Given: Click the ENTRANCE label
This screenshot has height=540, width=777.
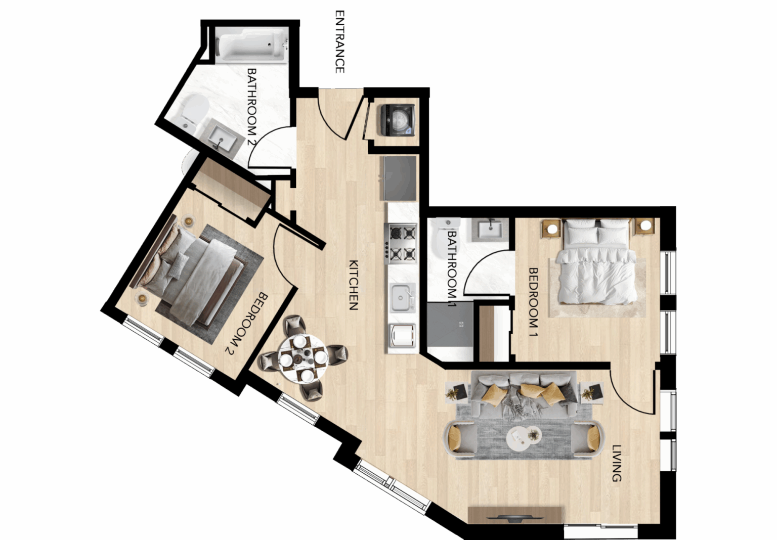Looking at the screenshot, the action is click(x=339, y=41).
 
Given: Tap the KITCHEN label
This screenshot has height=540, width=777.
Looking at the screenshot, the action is click(x=354, y=285).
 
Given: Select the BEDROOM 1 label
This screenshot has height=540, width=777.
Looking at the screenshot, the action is click(x=533, y=302).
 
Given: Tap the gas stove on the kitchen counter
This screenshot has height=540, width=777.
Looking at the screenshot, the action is click(x=401, y=242).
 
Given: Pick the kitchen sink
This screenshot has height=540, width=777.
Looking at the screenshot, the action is click(x=402, y=298).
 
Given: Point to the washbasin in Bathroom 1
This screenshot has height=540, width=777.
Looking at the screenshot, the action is click(x=490, y=230).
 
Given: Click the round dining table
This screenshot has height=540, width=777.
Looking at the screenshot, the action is click(x=303, y=358).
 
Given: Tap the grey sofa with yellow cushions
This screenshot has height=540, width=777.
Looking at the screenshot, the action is click(x=523, y=394).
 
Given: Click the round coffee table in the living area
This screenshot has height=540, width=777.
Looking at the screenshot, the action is click(x=524, y=439).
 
